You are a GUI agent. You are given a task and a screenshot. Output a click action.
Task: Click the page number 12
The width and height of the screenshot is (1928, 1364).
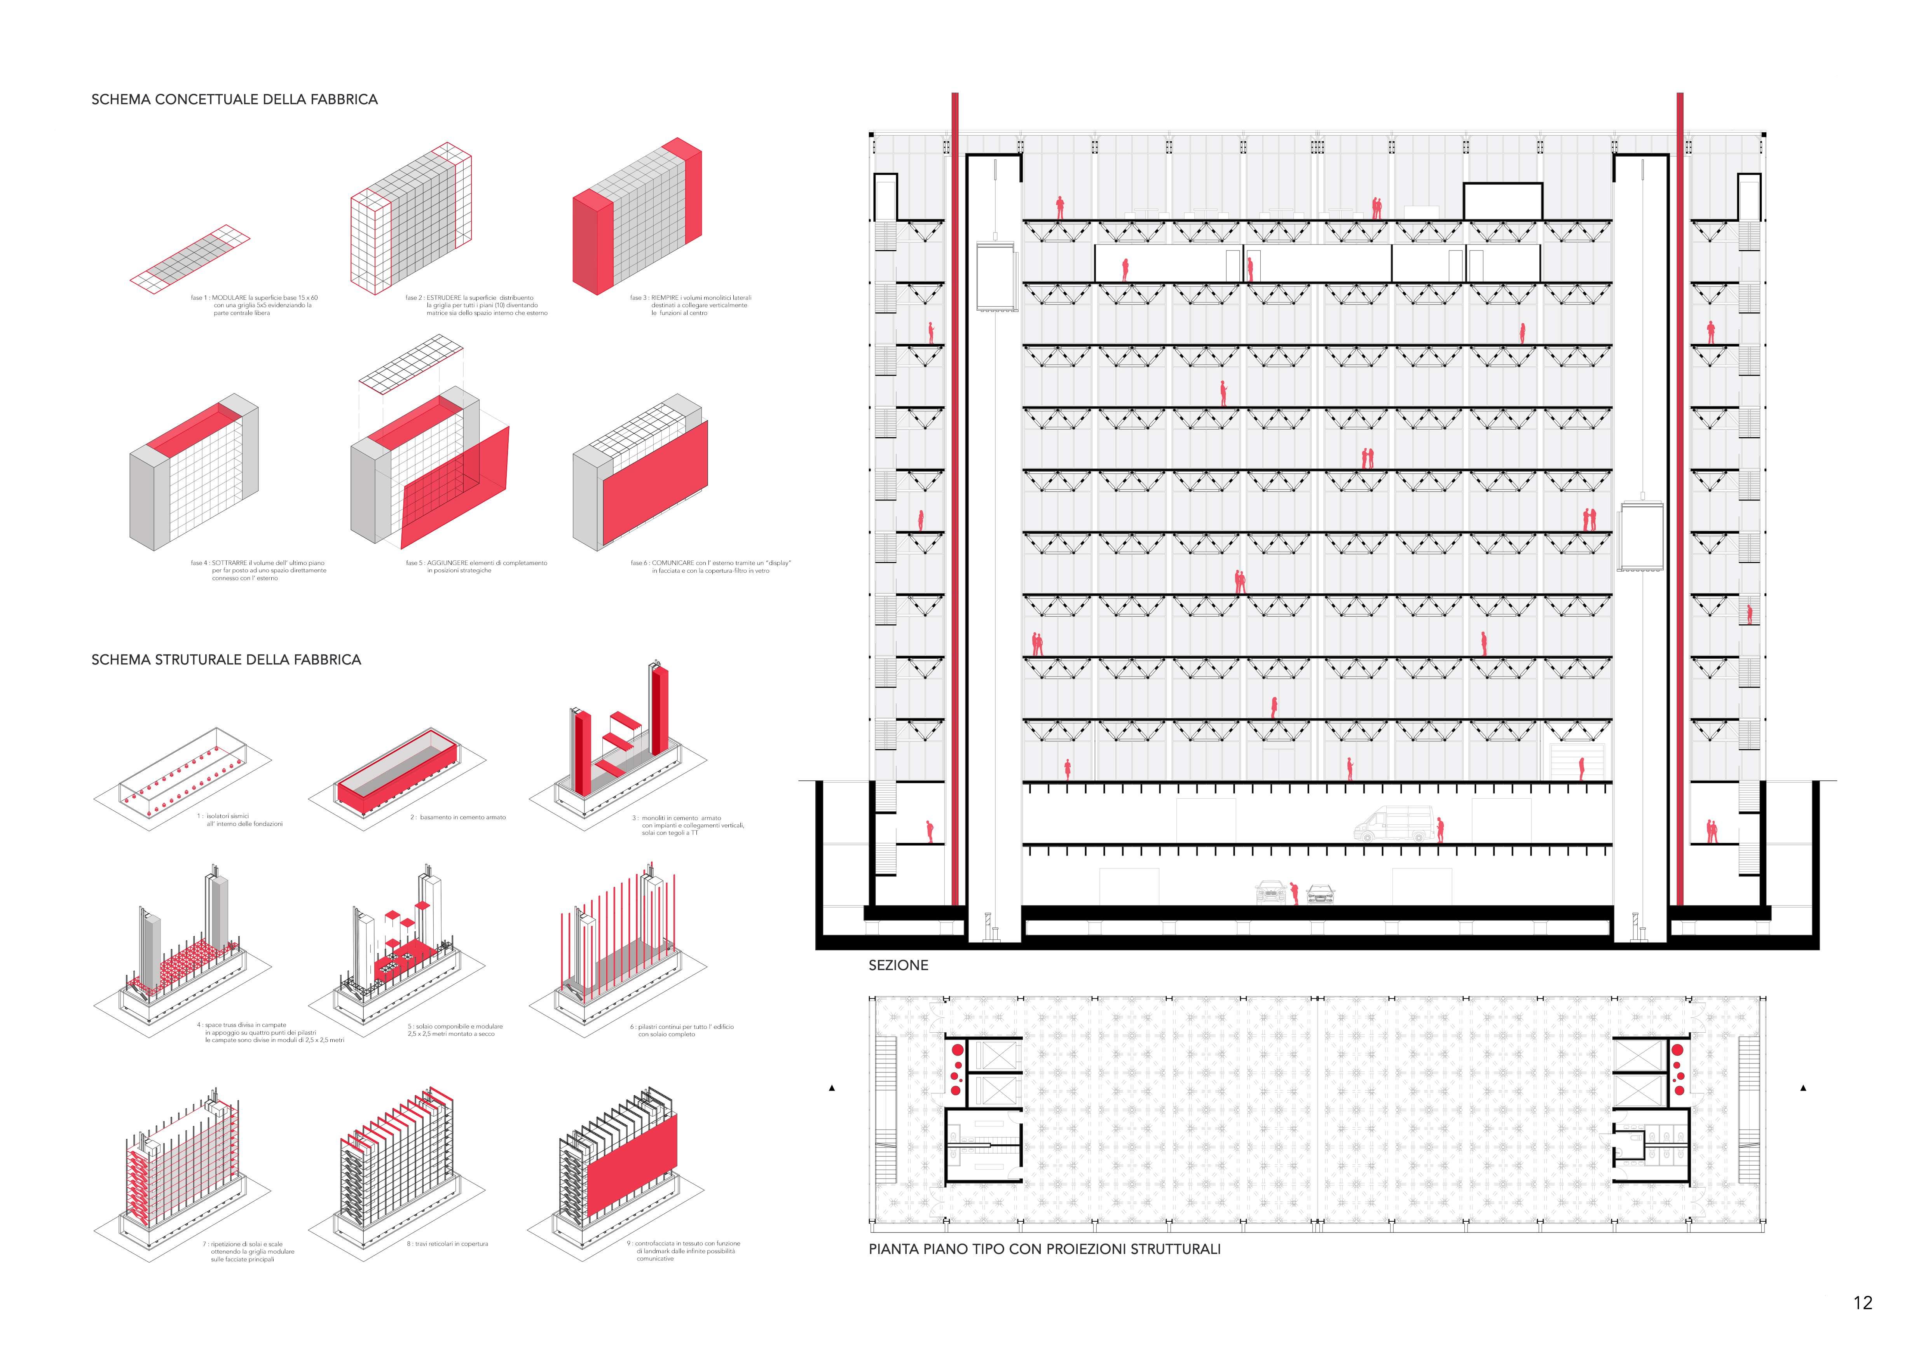tap(1862, 1303)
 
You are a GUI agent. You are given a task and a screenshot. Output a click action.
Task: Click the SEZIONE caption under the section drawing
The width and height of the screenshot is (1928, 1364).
tap(898, 966)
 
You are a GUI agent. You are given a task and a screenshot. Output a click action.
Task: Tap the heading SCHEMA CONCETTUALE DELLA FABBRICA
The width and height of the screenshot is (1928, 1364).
tap(234, 99)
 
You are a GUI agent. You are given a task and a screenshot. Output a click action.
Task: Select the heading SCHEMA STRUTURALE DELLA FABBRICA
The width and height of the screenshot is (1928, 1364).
tap(226, 660)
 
